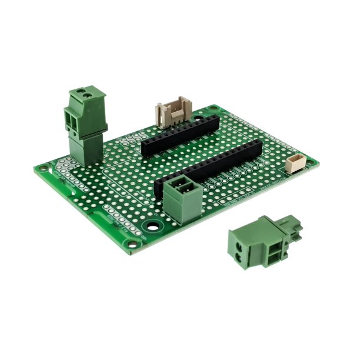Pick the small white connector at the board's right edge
[x=294, y=165]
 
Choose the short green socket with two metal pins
[x=181, y=200]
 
